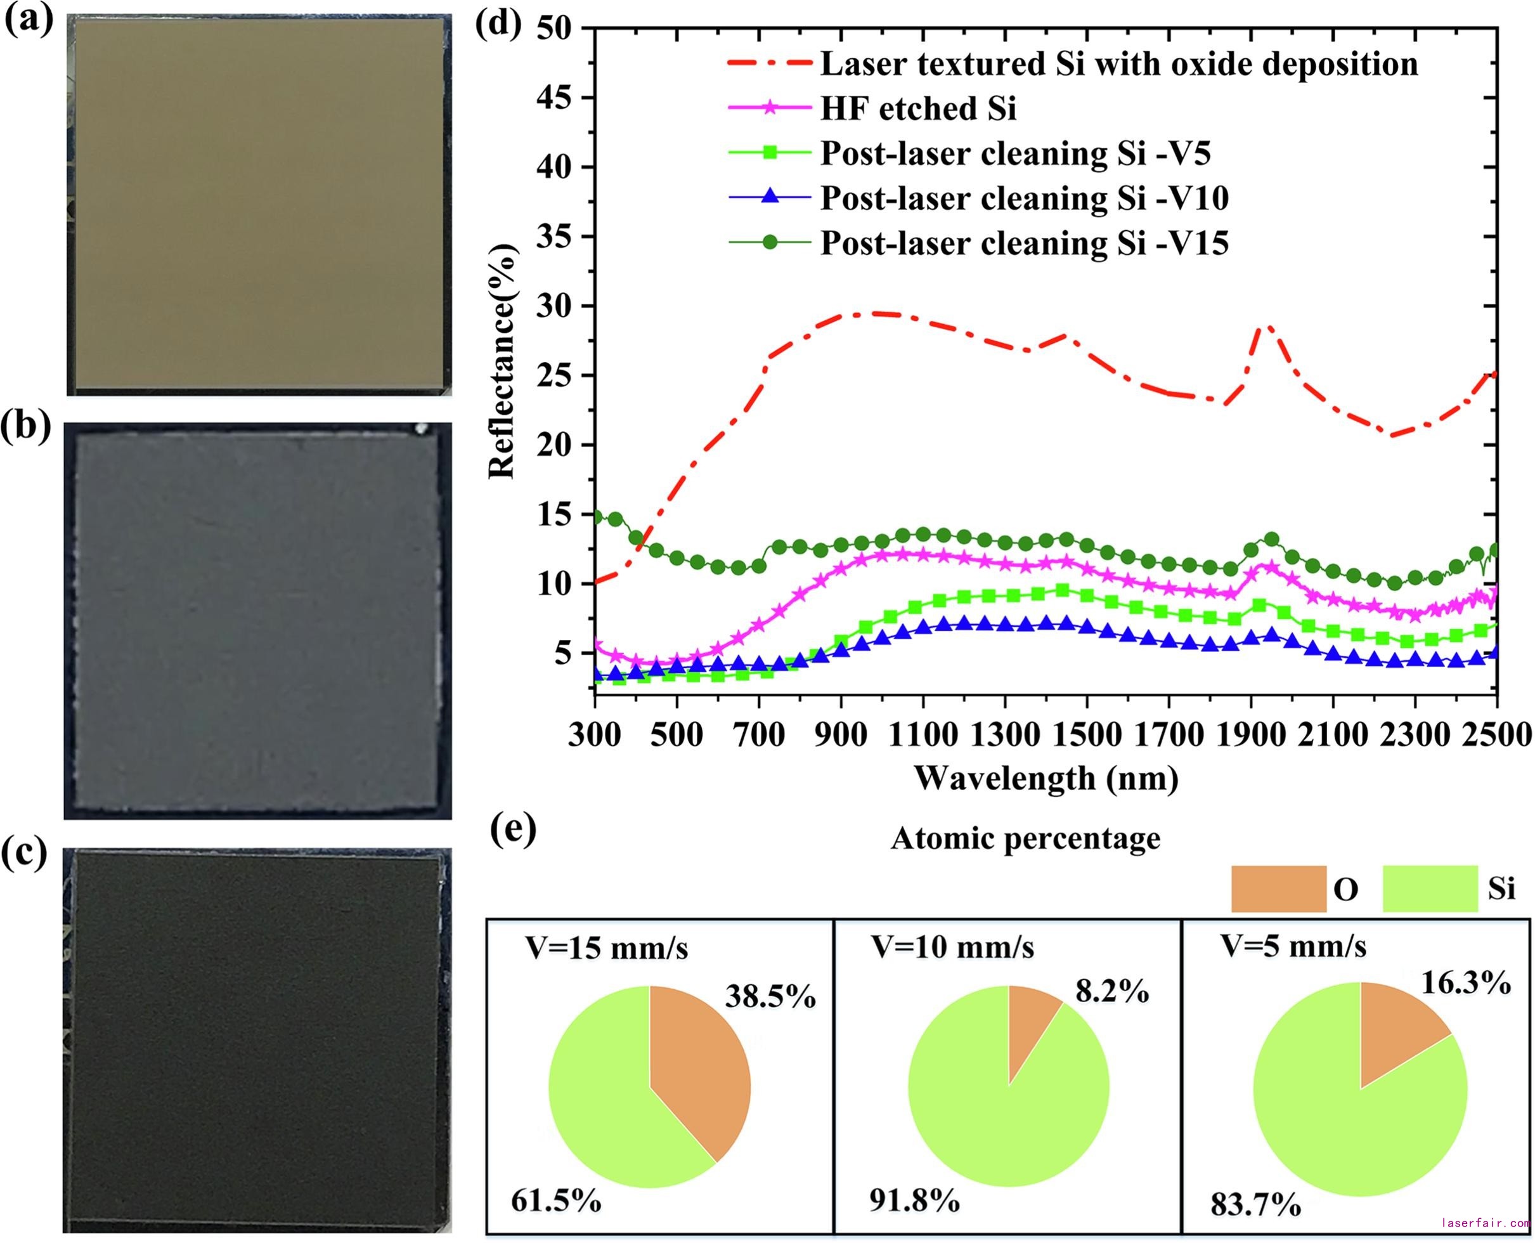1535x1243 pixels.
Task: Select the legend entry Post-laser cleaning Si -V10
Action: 1024,198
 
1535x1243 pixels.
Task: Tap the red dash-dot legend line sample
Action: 770,63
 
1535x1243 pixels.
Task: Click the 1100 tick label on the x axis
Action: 924,736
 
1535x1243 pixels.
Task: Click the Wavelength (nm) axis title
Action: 1046,778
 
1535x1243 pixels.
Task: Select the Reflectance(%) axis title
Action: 501,361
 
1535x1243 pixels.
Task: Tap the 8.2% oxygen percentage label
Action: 1112,992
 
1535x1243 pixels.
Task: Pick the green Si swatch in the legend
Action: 1430,888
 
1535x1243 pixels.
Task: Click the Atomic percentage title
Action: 1025,838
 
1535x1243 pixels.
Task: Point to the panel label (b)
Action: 27,427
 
